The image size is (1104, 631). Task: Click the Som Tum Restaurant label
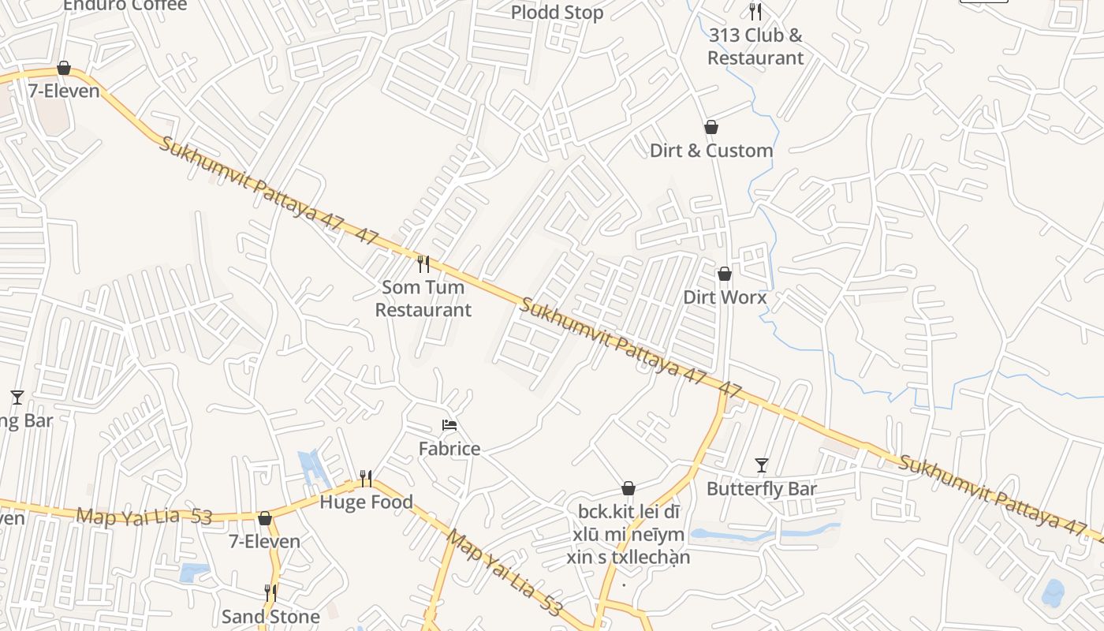pos(423,298)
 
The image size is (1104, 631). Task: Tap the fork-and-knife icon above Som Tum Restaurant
pos(423,263)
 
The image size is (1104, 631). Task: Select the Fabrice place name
pos(449,449)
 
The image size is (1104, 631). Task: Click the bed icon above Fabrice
pos(449,425)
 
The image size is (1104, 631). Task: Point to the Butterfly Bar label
pos(762,489)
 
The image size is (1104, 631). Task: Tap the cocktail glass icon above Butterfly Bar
pos(762,465)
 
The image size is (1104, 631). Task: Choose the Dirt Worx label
pos(725,297)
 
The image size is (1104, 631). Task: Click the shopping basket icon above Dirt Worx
pos(725,274)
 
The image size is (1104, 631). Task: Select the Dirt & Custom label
pos(711,151)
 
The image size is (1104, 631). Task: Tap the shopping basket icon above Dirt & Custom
pos(711,127)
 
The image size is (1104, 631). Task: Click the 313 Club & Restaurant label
pos(755,47)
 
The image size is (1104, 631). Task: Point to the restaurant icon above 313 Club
pos(755,11)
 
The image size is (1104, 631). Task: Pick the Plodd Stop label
pos(558,13)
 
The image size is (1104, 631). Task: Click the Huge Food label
pos(366,502)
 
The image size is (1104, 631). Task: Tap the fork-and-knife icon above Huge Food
pos(366,478)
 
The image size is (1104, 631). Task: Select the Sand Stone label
pos(270,616)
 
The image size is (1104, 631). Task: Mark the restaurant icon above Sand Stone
pos(270,592)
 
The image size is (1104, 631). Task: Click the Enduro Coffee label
pos(125,6)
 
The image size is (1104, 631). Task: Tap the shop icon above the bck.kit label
pos(628,489)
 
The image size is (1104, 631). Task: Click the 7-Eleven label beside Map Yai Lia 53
pos(265,542)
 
